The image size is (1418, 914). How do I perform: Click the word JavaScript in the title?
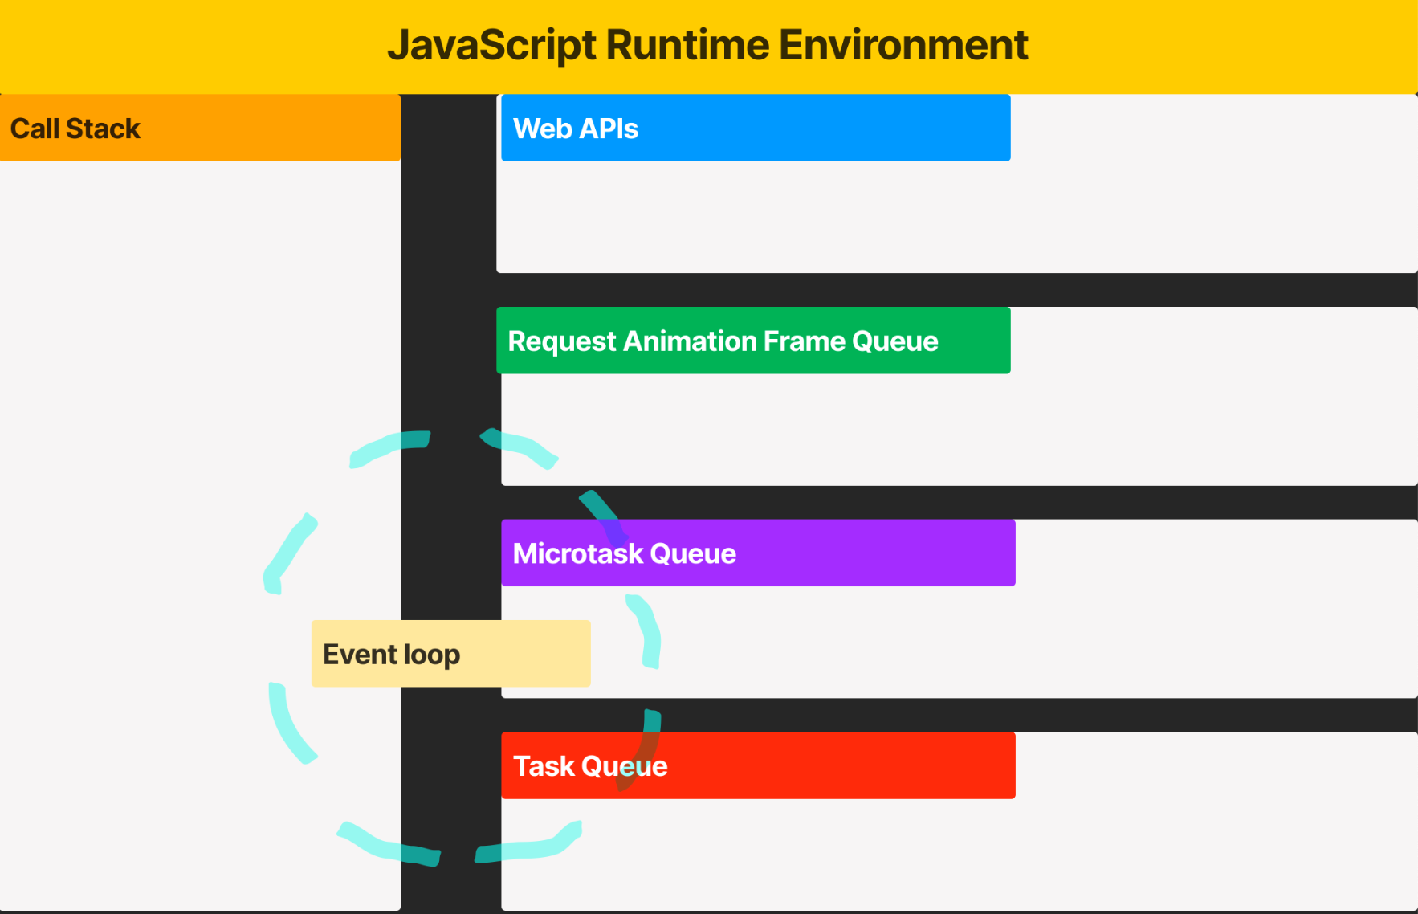(492, 45)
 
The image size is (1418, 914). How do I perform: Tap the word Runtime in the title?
(687, 45)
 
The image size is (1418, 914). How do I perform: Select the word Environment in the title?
(903, 45)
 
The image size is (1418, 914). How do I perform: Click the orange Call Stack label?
(200, 129)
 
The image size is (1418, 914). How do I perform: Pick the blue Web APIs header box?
(755, 129)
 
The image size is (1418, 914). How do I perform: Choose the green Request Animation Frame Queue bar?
(753, 341)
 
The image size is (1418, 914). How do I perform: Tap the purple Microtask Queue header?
(758, 553)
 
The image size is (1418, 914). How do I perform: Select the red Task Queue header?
(758, 765)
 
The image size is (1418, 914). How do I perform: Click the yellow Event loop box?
(450, 654)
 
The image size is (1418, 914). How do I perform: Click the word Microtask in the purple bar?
(578, 553)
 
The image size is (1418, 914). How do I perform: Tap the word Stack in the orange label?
(103, 129)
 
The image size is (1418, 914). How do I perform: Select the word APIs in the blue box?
(608, 129)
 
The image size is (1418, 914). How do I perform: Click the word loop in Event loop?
(432, 655)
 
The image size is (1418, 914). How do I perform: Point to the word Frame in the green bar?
(804, 341)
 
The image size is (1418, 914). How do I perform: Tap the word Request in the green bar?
(562, 341)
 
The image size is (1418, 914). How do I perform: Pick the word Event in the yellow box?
(360, 655)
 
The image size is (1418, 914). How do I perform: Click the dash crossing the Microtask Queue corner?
(604, 516)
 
